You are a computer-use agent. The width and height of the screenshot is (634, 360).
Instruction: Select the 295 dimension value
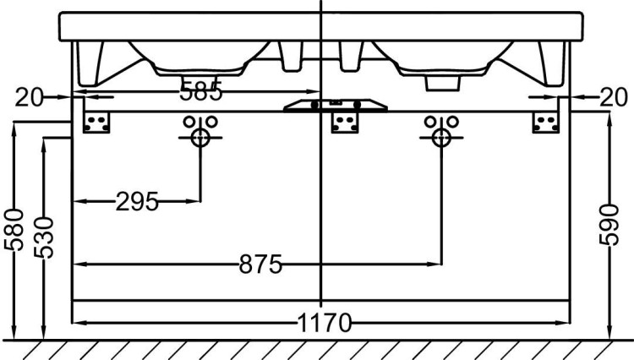tap(136, 202)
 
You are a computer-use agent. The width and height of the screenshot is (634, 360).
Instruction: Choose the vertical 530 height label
tap(43, 237)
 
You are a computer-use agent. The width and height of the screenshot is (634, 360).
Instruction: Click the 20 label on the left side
tap(28, 98)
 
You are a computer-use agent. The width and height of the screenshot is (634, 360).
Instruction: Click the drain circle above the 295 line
tap(200, 137)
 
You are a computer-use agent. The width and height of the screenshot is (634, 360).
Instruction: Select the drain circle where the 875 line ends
tap(438, 137)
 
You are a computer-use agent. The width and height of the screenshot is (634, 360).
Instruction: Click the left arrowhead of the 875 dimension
tap(79, 265)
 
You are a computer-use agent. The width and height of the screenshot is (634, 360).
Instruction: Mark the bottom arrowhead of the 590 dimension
tap(609, 335)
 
